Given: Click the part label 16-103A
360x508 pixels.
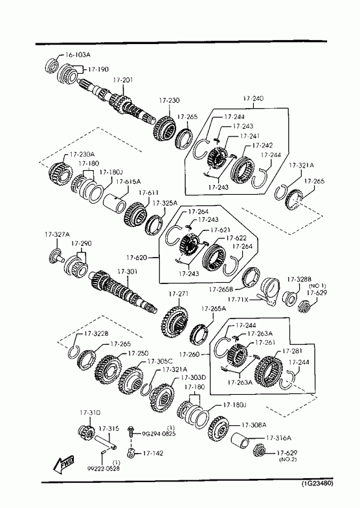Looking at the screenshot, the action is [x=78, y=54].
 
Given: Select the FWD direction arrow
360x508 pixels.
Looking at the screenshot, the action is [x=63, y=463].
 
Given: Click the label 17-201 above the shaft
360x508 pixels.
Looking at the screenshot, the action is [x=123, y=80].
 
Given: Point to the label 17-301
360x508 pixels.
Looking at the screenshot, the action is [x=127, y=272].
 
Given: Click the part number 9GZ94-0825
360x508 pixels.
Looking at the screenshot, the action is [x=159, y=434].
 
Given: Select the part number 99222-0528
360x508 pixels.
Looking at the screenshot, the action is [x=103, y=469].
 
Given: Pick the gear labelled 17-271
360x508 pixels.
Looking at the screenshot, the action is [x=175, y=322].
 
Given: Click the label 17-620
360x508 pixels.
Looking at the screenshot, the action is [x=137, y=258].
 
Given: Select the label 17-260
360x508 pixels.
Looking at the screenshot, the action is [x=189, y=355].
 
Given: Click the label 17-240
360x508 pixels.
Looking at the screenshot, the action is [x=253, y=98].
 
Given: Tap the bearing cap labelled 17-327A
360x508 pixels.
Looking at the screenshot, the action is [x=56, y=256].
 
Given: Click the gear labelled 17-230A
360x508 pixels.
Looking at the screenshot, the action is [x=60, y=174].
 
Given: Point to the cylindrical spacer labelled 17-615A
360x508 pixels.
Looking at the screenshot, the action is [x=115, y=203].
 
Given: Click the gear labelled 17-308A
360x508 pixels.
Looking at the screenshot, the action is [x=219, y=430].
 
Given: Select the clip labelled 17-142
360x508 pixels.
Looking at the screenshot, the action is [x=131, y=453].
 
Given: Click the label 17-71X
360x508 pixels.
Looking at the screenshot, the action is [x=238, y=300].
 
